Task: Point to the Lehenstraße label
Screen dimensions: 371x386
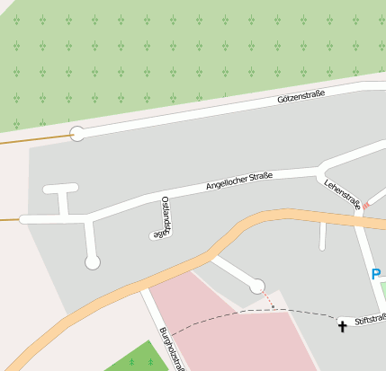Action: [343, 194]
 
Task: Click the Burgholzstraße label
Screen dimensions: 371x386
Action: [172, 349]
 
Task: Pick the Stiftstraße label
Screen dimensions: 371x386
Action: [370, 319]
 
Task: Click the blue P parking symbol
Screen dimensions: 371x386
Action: [376, 275]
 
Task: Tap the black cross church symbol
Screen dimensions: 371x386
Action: [342, 325]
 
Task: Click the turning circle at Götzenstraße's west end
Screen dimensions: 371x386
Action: [77, 134]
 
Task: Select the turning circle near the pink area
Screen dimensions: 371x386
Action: [257, 286]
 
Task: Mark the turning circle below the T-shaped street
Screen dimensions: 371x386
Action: [92, 262]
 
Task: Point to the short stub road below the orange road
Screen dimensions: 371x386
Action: [322, 235]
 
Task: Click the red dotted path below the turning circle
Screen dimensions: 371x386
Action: [267, 299]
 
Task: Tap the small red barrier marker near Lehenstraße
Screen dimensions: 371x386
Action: [365, 206]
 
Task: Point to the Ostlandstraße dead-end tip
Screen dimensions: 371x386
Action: [154, 236]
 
